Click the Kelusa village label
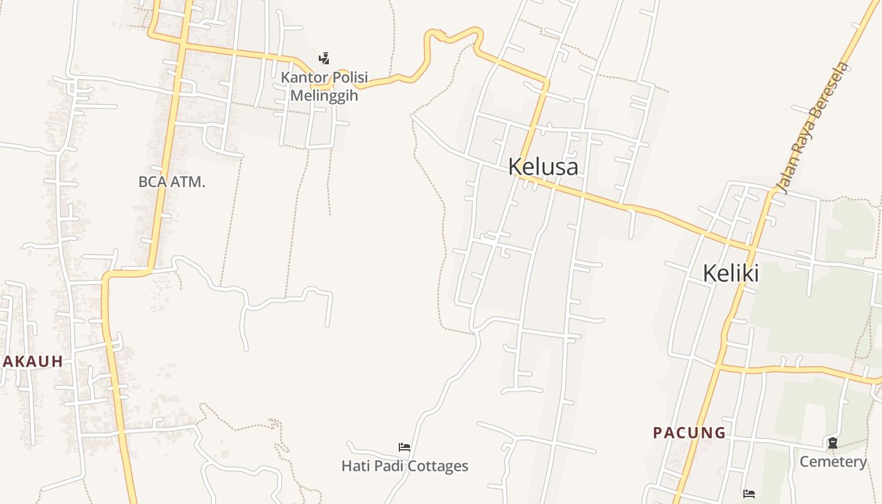click(543, 167)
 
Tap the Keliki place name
click(730, 273)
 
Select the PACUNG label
click(689, 433)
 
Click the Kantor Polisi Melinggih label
click(324, 86)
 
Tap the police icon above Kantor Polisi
click(324, 59)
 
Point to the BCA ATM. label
click(172, 182)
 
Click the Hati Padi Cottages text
click(404, 466)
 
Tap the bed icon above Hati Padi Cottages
click(404, 447)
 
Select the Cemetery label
click(833, 462)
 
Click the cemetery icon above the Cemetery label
click(833, 443)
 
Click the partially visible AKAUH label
click(33, 362)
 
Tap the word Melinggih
click(324, 96)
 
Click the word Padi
click(389, 466)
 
